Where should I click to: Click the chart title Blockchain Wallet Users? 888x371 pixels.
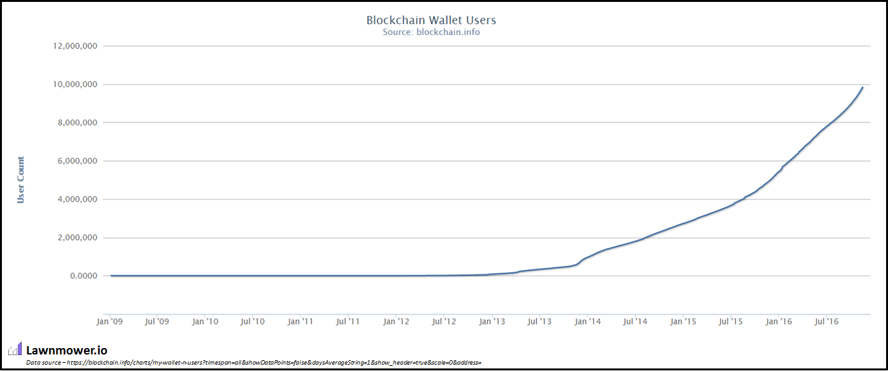(x=431, y=20)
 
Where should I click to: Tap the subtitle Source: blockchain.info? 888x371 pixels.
(x=431, y=32)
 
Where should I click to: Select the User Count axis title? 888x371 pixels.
(x=21, y=179)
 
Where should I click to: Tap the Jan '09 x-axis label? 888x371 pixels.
(x=109, y=321)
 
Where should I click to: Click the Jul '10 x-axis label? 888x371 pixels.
(x=252, y=321)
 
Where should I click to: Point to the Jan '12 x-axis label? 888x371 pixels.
(x=396, y=321)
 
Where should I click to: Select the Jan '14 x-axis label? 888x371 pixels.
(x=587, y=321)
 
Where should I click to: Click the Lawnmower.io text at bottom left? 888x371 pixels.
(x=67, y=350)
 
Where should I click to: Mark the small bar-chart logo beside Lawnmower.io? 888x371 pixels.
(x=15, y=349)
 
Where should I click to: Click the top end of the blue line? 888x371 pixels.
(x=863, y=87)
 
